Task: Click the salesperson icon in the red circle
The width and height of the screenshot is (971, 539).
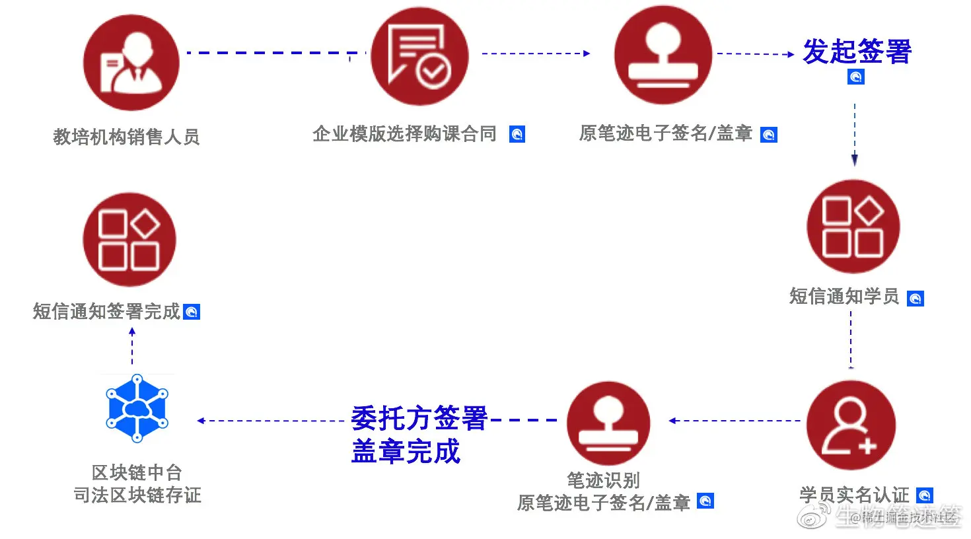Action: [131, 63]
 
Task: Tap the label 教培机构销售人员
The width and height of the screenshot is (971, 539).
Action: [126, 137]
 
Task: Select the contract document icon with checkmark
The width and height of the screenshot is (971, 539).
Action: [419, 57]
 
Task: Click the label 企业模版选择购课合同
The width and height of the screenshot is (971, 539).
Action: [404, 134]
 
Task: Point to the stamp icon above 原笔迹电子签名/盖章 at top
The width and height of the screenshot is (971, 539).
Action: [663, 55]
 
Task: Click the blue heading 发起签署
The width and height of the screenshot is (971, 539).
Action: [857, 52]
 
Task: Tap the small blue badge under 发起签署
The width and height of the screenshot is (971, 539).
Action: [855, 77]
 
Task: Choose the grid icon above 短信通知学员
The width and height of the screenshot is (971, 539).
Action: [853, 227]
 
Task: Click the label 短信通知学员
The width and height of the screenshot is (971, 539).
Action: [844, 297]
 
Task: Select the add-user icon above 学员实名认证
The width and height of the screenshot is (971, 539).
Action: [851, 426]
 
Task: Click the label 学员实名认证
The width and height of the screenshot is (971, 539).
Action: [854, 495]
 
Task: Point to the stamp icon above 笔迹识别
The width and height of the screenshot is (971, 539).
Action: [608, 423]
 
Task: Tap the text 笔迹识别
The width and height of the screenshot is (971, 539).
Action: [603, 480]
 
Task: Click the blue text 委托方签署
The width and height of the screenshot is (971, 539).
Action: [419, 419]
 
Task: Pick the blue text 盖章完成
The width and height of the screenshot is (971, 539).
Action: [405, 452]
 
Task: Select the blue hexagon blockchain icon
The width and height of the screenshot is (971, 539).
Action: [137, 408]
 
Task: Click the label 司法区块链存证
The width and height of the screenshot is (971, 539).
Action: [137, 495]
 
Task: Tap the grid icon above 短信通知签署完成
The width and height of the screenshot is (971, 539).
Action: [129, 240]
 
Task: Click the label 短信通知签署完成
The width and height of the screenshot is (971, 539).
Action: [106, 311]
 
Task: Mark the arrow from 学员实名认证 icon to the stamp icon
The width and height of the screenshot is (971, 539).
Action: [735, 421]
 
